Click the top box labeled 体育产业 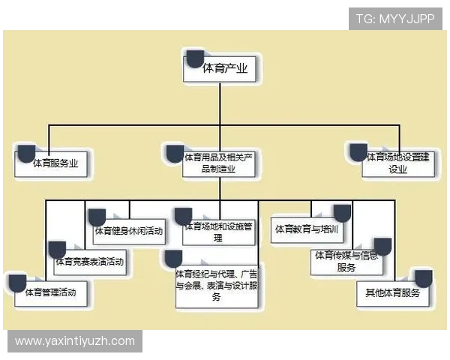click(x=220, y=69)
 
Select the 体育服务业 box click(x=51, y=164)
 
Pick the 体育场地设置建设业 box click(x=398, y=164)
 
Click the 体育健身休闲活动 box click(x=129, y=232)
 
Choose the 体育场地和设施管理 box click(x=219, y=232)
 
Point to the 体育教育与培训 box click(x=307, y=229)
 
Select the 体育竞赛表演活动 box click(x=90, y=262)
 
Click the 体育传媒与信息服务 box click(x=346, y=262)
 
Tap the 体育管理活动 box click(x=51, y=294)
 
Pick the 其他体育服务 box click(x=393, y=294)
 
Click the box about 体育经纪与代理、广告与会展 click(x=217, y=286)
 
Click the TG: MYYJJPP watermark click(x=395, y=19)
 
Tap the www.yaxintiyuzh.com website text click(x=75, y=341)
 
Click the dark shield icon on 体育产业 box click(x=196, y=59)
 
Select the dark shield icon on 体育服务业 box click(x=27, y=154)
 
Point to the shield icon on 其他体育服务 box click(x=424, y=279)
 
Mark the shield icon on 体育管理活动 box click(x=17, y=283)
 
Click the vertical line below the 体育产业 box click(x=220, y=103)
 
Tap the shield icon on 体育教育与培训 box click(x=342, y=214)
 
